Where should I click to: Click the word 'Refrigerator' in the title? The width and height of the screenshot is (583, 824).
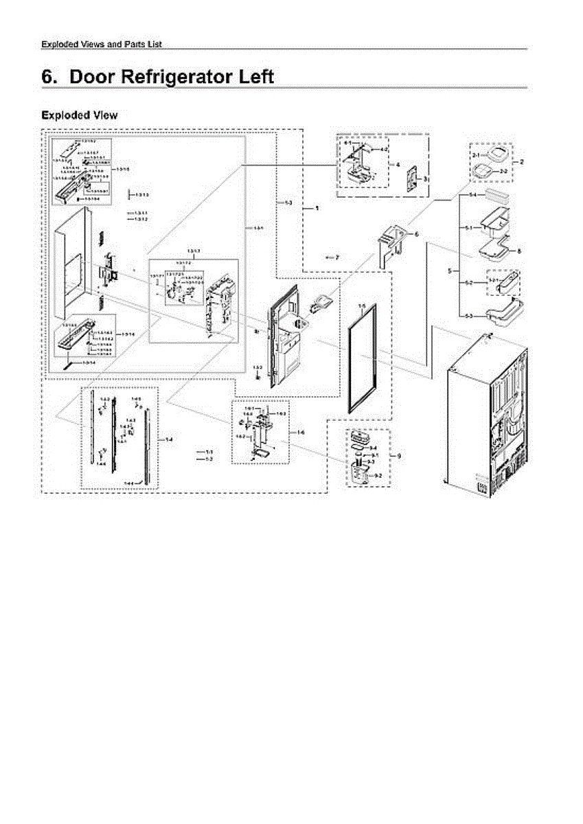[x=178, y=76]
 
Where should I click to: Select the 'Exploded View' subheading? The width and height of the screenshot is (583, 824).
[x=79, y=115]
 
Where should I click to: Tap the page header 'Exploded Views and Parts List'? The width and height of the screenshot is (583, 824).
[x=102, y=45]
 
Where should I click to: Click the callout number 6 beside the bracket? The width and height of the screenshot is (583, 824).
[x=415, y=234]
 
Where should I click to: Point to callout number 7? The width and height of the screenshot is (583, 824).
[x=337, y=257]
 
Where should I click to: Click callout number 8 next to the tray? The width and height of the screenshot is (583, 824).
[x=519, y=251]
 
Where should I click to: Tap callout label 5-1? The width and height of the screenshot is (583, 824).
[x=468, y=227]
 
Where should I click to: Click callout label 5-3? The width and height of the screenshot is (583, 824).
[x=468, y=315]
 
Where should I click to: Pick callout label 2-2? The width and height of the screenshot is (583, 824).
[x=503, y=170]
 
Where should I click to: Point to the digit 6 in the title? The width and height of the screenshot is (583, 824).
[x=48, y=76]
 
